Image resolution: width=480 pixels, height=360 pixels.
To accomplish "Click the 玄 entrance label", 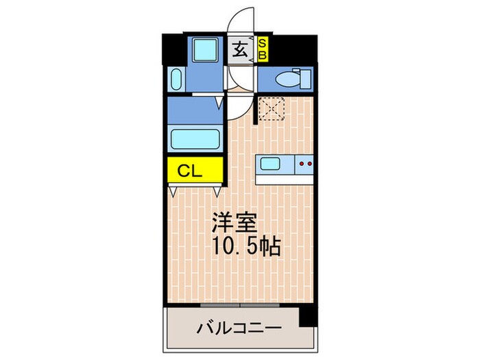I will point(240,49).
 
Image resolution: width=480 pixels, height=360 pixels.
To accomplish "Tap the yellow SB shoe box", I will point(263,49).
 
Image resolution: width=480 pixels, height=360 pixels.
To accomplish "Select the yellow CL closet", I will point(193,171).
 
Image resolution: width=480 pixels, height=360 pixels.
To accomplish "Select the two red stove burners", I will point(305,165).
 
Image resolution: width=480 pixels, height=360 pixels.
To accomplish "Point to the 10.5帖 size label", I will point(244,247).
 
